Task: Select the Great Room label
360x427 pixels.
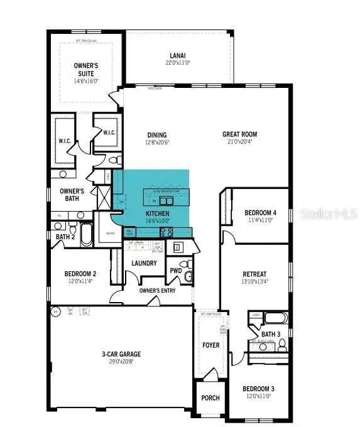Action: tap(239, 134)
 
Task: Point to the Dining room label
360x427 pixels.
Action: tap(156, 134)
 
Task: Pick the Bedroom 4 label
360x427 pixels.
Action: tap(260, 212)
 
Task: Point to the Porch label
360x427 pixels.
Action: tap(210, 397)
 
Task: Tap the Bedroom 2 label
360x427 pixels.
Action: tap(80, 274)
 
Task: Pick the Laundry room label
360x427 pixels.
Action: tap(144, 263)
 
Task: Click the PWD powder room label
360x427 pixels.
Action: tap(175, 271)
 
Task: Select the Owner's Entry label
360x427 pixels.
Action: tap(157, 290)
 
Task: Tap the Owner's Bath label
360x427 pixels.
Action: tap(72, 195)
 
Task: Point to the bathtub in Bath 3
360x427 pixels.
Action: tap(276, 318)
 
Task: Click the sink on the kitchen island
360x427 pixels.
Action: tap(165, 201)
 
